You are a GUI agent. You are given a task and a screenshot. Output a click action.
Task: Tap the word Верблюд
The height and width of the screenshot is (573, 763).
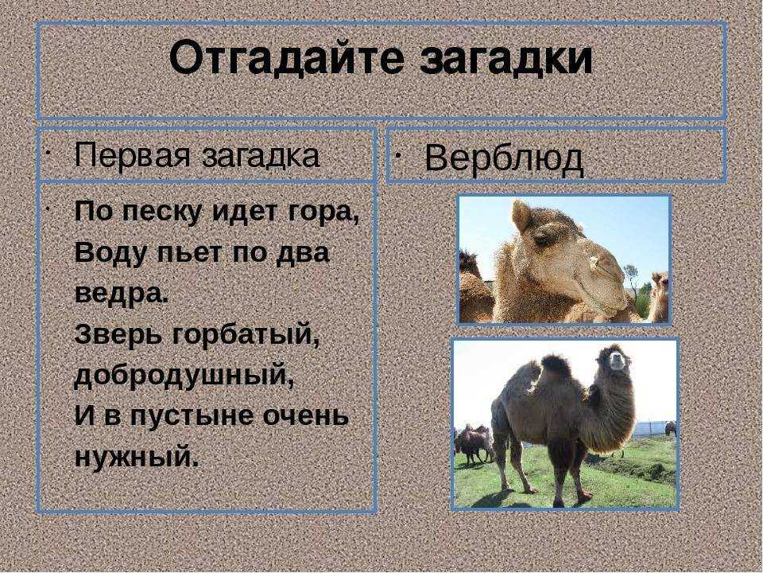tap(504, 159)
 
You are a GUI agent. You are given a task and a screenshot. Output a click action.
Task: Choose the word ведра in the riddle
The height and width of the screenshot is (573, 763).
tap(121, 294)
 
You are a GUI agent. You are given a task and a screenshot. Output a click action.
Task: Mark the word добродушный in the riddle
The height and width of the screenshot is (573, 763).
tap(184, 376)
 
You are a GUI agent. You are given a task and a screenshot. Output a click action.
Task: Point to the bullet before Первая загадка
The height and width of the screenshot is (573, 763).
tap(47, 152)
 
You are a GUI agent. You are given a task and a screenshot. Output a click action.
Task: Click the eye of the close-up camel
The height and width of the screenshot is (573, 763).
tap(541, 240)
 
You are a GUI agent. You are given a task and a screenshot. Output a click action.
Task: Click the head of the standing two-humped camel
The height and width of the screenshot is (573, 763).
tap(615, 359)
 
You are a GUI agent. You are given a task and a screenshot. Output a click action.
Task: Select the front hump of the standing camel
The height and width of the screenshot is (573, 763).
tap(556, 367)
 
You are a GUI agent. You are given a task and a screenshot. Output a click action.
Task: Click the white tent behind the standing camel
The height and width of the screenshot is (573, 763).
tap(650, 428)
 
